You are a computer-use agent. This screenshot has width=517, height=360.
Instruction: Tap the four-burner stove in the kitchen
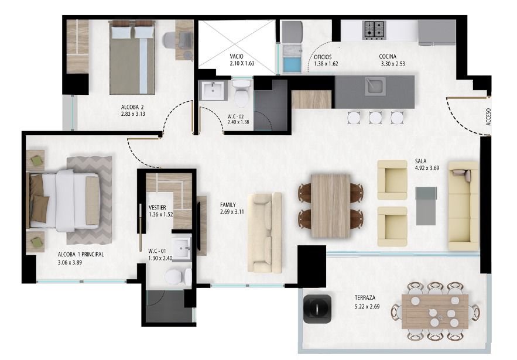click(374, 29)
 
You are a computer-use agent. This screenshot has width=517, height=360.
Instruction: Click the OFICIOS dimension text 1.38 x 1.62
click(326, 64)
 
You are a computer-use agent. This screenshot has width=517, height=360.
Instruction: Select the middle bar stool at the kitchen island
click(375, 117)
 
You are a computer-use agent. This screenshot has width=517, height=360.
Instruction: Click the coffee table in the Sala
click(426, 205)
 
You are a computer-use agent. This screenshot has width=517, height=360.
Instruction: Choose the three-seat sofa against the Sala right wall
click(464, 205)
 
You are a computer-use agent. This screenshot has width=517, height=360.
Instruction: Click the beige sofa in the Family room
click(265, 232)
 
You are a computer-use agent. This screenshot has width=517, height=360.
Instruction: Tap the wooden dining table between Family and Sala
click(331, 205)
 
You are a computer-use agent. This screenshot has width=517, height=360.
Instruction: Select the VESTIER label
click(159, 207)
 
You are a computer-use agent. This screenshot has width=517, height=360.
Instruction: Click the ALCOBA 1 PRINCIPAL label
click(81, 255)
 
